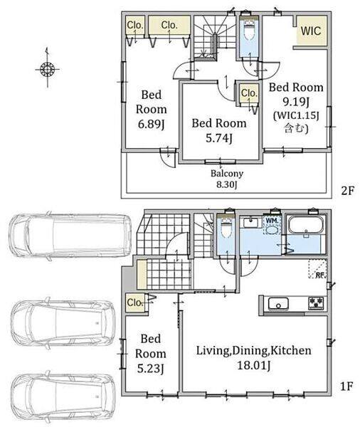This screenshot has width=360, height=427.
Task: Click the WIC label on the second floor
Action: point(311,31)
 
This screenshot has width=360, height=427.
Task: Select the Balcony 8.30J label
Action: point(227,179)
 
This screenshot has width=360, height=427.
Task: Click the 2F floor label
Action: point(347,191)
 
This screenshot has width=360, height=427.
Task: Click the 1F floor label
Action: point(347,386)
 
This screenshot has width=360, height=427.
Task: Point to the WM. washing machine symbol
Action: point(272,226)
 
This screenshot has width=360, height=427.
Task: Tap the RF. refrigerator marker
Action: point(318,269)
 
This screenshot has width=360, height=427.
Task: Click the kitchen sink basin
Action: point(278,304)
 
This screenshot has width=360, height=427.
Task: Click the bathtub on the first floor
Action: point(307,224)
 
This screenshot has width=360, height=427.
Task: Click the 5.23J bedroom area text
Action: point(151,369)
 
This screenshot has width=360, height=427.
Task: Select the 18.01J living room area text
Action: point(254,365)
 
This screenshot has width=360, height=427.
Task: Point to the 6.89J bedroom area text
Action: point(152,124)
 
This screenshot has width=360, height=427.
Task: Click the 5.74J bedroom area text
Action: point(219,139)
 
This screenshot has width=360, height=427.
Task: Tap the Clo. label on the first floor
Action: point(135,302)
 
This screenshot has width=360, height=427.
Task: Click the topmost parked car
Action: point(70,236)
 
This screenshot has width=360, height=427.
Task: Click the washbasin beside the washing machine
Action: point(249,223)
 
